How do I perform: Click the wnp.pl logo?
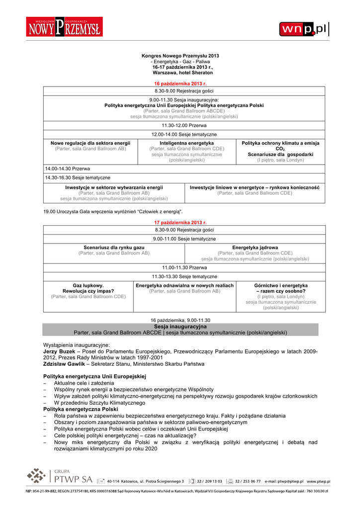304,29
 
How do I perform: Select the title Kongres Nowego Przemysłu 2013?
180,56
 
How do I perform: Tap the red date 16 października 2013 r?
180,84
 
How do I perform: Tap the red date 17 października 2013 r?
180,223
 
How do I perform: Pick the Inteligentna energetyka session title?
186,143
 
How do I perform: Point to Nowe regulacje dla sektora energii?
90,143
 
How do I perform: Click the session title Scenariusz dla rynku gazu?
114,247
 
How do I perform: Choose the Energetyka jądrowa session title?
255,247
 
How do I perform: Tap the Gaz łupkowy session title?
88,285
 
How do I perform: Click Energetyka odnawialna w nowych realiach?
184,285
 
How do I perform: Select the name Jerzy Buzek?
56,351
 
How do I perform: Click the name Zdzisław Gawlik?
63,364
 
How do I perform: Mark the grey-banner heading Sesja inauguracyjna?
180,326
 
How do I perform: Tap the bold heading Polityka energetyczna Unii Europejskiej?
94,376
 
